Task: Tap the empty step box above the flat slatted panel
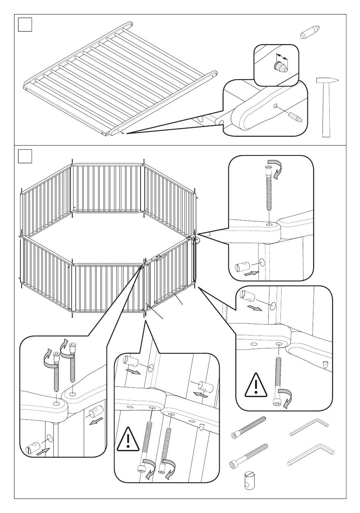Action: tap(25, 25)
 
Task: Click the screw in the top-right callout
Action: tap(269, 188)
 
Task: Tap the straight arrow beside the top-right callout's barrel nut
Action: tap(251, 272)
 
